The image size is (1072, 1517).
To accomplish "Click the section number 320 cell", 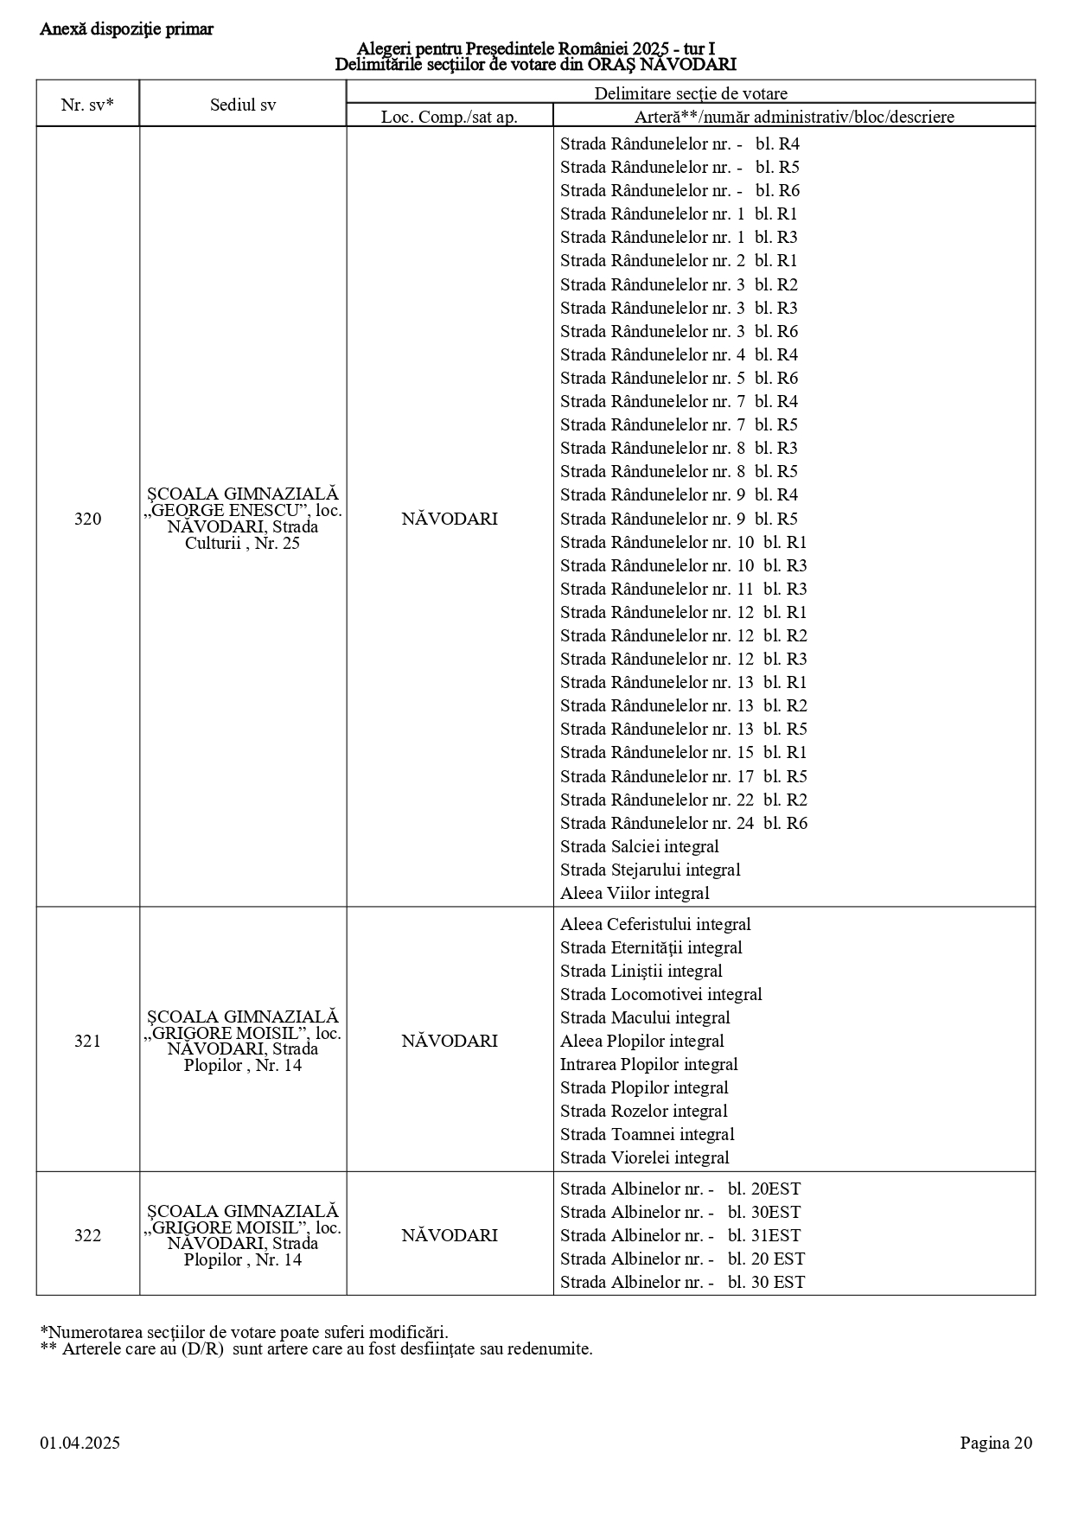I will (87, 519).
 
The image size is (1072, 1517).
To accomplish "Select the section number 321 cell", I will (87, 1041).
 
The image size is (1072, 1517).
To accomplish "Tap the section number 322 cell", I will (87, 1235).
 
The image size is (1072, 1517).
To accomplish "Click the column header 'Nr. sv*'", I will (87, 105).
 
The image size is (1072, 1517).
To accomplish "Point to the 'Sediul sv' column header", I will (243, 105).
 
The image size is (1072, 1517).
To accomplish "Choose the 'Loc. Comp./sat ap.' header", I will (450, 117).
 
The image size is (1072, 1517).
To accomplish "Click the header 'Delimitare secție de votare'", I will (690, 93).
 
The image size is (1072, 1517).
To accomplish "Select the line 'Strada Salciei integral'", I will (639, 846).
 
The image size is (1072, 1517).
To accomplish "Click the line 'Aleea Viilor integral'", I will (635, 893).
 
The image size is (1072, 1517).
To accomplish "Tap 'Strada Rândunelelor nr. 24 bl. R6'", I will (683, 823).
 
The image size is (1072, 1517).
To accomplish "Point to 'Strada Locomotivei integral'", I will (660, 994).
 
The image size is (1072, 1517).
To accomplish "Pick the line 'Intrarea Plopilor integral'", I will (648, 1064).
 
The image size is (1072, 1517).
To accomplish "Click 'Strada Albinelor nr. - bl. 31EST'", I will (680, 1235).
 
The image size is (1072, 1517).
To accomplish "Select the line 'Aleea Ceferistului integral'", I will (655, 924).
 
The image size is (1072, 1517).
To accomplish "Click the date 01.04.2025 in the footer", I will (80, 1443).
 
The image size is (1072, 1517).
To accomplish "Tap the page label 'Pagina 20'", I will (996, 1443).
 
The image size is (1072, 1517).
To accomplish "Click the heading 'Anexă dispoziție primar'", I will (126, 29).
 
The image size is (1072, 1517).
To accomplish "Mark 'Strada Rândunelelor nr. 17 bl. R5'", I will (683, 776).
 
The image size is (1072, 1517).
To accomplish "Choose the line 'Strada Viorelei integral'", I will (644, 1157).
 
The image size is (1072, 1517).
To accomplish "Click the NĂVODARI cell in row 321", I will (450, 1041).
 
